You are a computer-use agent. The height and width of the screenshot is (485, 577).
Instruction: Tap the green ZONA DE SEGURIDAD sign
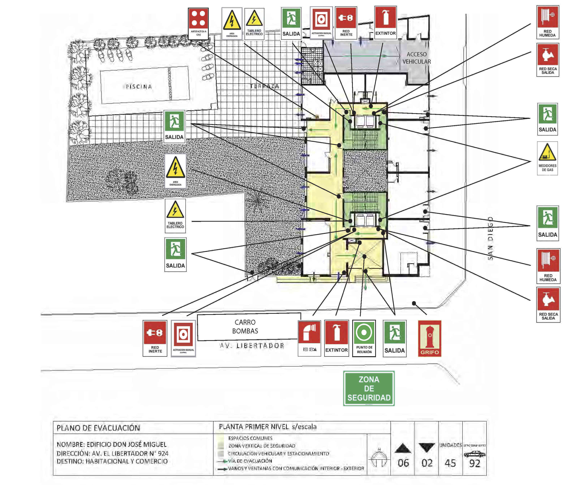coord(369,388)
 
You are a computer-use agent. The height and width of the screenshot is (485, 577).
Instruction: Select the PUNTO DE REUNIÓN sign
coord(364,338)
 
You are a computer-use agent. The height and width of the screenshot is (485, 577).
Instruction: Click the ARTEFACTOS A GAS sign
coord(198,24)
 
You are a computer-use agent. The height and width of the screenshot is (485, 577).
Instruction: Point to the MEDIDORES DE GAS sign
coord(547,158)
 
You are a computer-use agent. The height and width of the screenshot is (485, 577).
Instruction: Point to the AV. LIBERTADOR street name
coord(252,346)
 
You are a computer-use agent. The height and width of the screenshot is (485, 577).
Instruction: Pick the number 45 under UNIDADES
coord(450,463)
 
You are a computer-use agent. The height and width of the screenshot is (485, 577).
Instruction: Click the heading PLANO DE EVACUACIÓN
coord(98,428)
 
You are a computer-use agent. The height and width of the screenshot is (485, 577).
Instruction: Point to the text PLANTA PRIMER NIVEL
coord(254,427)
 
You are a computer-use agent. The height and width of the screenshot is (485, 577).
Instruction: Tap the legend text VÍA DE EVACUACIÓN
coord(250,461)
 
